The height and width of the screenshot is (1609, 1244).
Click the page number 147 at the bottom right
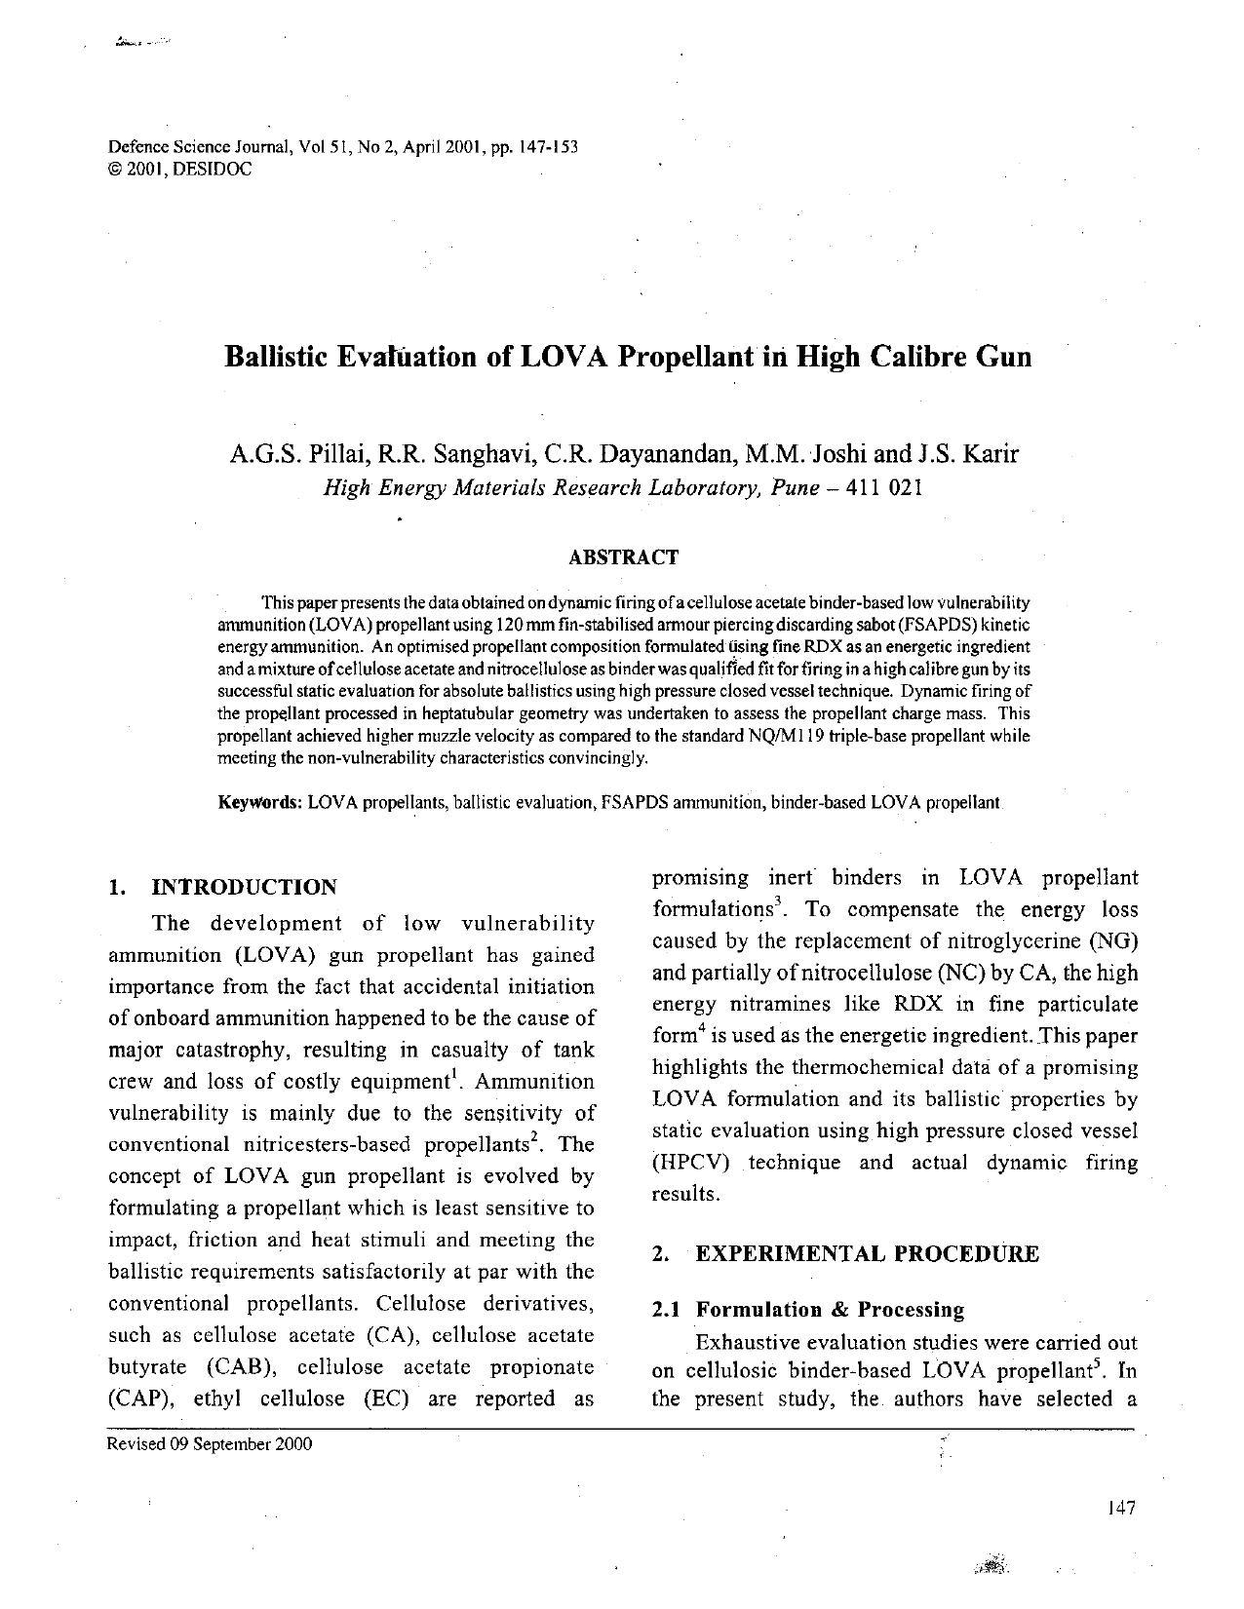click(1121, 1509)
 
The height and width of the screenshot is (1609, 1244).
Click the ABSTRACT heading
click(622, 557)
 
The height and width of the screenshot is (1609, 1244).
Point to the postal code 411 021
click(883, 488)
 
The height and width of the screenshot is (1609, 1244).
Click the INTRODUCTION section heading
click(244, 887)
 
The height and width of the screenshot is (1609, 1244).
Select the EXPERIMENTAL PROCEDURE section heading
click(867, 1254)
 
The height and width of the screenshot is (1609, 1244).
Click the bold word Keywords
click(259, 803)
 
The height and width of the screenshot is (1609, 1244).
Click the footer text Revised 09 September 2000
click(210, 1444)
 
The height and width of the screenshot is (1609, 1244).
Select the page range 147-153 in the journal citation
click(549, 147)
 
